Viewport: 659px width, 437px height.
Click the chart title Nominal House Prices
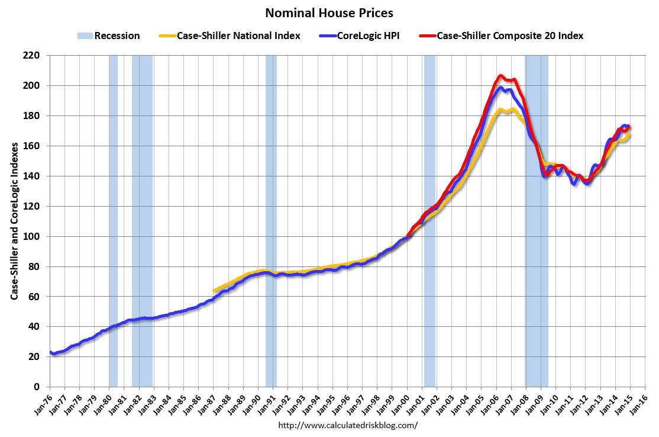[329, 13]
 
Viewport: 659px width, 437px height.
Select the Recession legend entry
[108, 36]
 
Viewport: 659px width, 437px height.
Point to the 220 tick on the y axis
[32, 56]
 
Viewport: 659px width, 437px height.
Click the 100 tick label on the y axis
[32, 236]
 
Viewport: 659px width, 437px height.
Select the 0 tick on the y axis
[37, 387]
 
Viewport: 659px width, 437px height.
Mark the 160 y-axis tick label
[32, 146]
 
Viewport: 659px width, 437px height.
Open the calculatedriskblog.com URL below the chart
[347, 425]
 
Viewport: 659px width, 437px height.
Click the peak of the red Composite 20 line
[500, 76]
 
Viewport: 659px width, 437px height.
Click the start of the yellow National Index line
[214, 291]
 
